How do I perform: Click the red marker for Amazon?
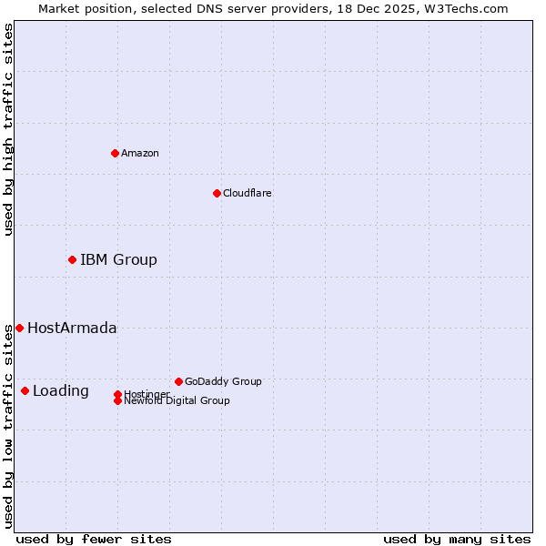pos(115,153)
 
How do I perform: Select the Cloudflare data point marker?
pos(217,193)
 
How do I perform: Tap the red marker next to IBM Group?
pos(72,259)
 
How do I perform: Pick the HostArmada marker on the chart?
pos(19,328)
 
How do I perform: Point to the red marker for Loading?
pos(25,390)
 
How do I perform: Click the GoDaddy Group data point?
pos(178,381)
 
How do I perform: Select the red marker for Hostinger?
pos(117,394)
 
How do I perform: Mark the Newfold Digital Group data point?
pos(117,401)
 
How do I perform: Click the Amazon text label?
pos(140,153)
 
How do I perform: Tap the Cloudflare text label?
pos(248,193)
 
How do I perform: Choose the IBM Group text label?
pos(118,260)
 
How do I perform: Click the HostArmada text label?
pos(72,329)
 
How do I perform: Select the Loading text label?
pos(61,391)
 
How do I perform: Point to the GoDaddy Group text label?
pos(223,381)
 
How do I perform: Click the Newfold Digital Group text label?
pos(177,401)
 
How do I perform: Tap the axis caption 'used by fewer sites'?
pos(94,539)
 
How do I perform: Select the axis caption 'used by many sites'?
pos(457,539)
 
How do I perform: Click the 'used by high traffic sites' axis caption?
pos(8,129)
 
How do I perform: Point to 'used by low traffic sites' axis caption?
pos(8,426)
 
